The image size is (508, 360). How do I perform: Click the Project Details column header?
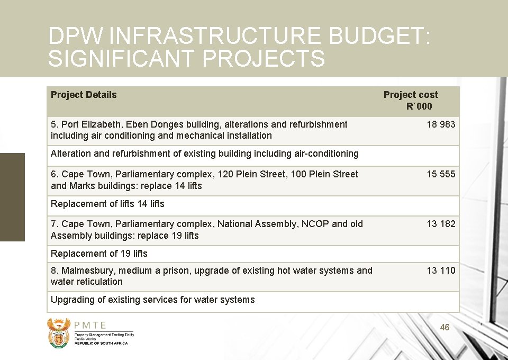[x=84, y=95]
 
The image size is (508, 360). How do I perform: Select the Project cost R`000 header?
[x=411, y=100]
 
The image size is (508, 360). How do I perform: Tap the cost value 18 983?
[x=441, y=124]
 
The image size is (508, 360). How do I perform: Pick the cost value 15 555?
[x=441, y=174]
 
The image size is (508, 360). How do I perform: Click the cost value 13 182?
[x=441, y=224]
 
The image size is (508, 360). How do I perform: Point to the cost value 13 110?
[x=441, y=271]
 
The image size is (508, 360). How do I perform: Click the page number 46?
[x=444, y=328]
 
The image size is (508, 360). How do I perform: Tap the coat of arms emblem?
[x=58, y=332]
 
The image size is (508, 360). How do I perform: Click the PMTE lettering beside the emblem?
[x=90, y=326]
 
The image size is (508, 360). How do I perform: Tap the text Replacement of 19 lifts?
[x=99, y=254]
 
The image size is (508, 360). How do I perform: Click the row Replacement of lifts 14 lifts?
[x=107, y=204]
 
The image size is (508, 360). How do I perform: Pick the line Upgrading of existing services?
[x=152, y=300]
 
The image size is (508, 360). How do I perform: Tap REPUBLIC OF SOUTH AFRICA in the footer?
[x=101, y=343]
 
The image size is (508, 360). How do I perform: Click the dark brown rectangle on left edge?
[x=12, y=197]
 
